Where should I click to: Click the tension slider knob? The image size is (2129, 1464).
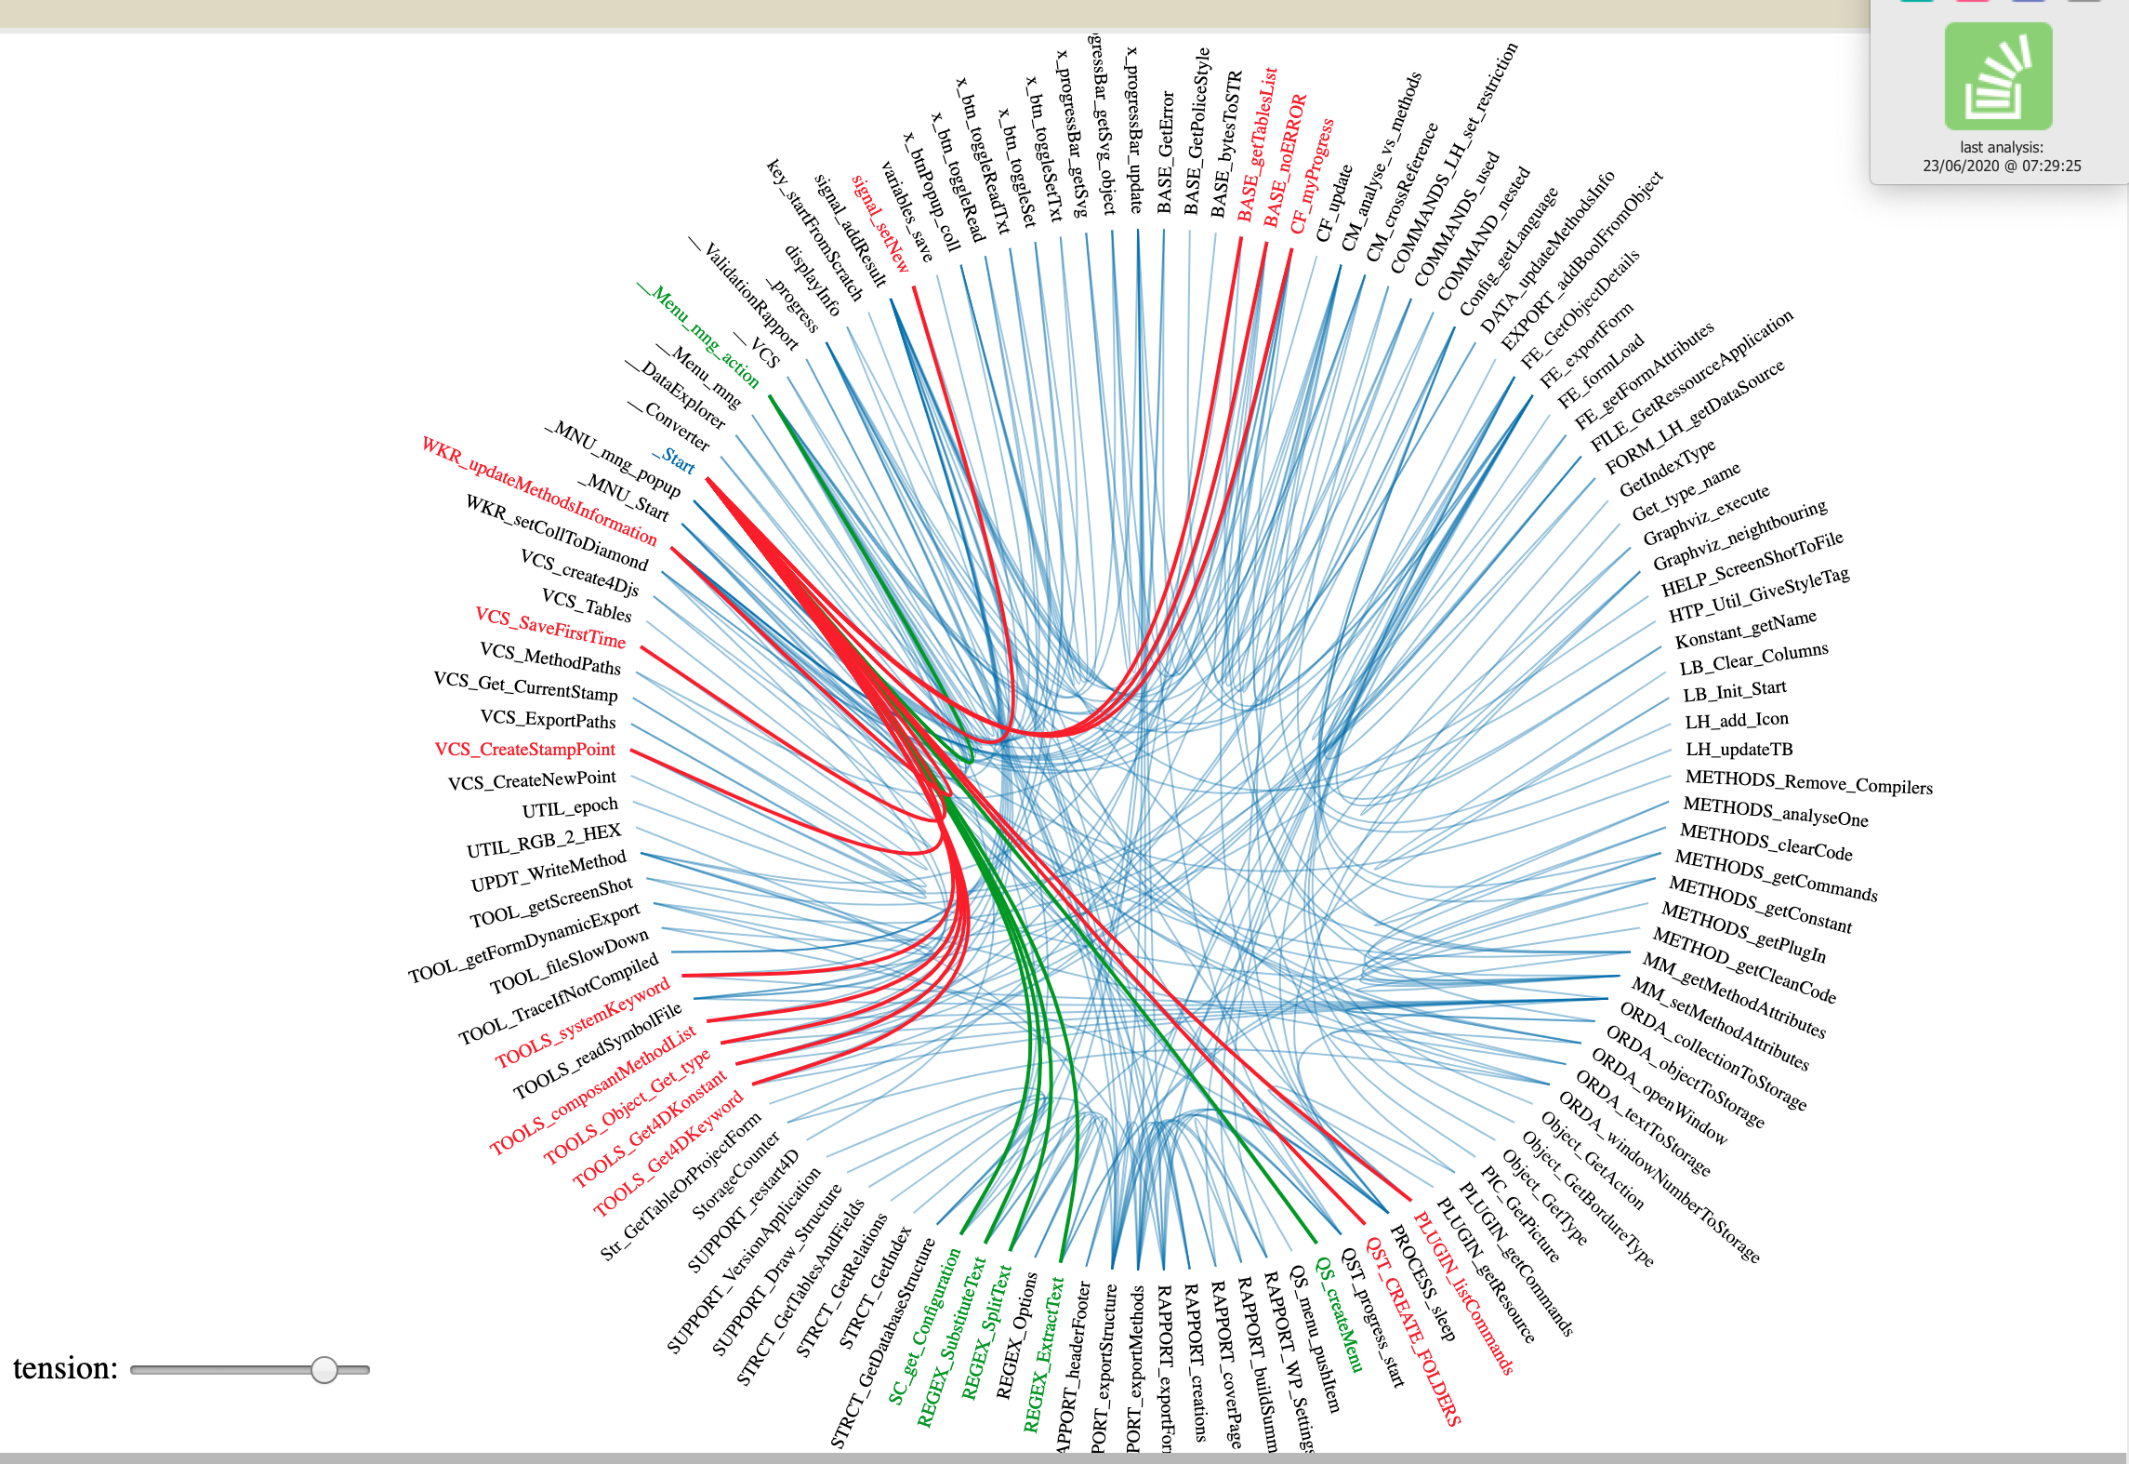click(324, 1369)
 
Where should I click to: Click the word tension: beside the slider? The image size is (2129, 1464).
click(65, 1368)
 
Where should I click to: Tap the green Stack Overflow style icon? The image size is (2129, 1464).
click(1998, 76)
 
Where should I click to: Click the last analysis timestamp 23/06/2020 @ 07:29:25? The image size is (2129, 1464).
click(2002, 166)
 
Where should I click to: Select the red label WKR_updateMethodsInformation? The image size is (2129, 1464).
click(539, 490)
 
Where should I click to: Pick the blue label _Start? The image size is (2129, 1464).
click(675, 459)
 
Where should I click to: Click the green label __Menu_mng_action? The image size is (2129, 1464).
click(699, 336)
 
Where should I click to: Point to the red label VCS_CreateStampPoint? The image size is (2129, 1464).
click(524, 750)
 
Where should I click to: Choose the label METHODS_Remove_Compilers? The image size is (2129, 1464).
click(1808, 782)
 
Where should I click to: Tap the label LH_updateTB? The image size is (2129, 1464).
click(1739, 750)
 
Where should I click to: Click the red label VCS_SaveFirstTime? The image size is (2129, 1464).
click(550, 628)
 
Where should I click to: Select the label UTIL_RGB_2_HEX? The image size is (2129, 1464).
click(543, 841)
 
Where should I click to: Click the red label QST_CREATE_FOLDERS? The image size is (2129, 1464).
click(1414, 1331)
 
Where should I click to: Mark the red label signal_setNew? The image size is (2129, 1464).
click(880, 224)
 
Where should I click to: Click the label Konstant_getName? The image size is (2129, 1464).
click(1745, 631)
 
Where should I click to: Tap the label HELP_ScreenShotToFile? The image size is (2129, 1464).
click(1752, 566)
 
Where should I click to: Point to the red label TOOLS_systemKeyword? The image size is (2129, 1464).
click(583, 1022)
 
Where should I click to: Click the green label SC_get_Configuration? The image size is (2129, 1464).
click(924, 1325)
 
